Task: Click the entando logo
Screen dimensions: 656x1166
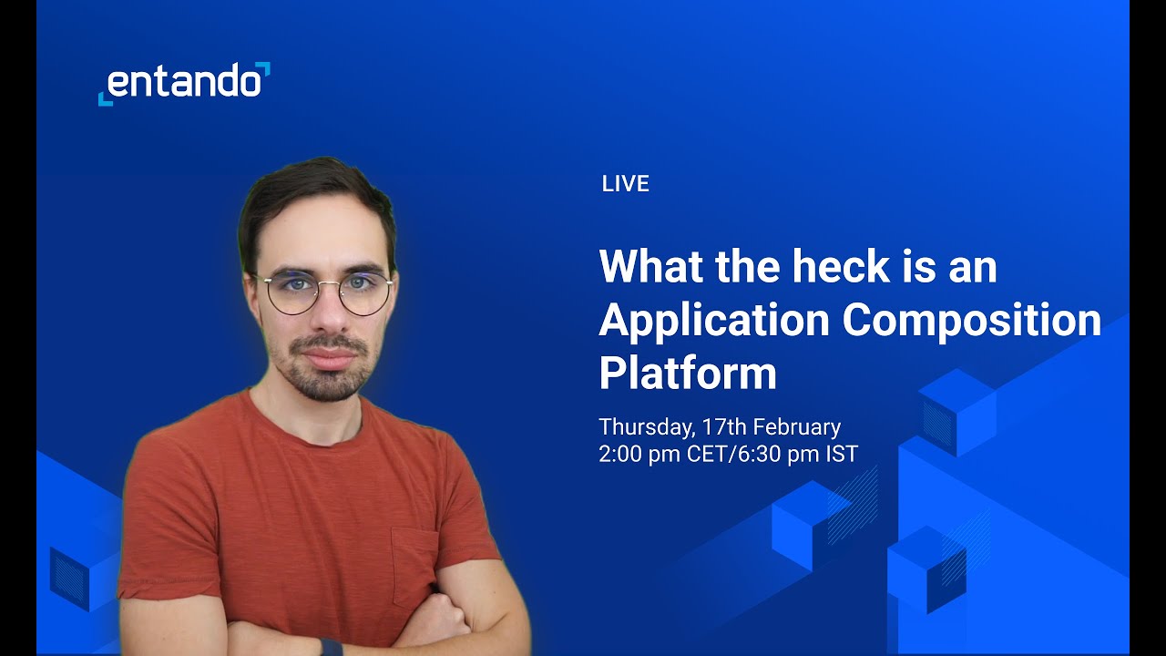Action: tap(184, 83)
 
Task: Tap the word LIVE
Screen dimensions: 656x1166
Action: tap(625, 184)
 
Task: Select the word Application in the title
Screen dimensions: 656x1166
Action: tap(714, 320)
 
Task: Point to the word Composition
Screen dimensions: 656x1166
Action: tap(971, 320)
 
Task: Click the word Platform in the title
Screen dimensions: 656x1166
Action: tap(687, 374)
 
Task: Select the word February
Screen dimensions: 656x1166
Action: tap(796, 426)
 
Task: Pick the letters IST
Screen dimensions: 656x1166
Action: tap(842, 454)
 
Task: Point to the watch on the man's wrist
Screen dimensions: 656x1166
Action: tap(332, 647)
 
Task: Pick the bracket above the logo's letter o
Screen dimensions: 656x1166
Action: tap(263, 68)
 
